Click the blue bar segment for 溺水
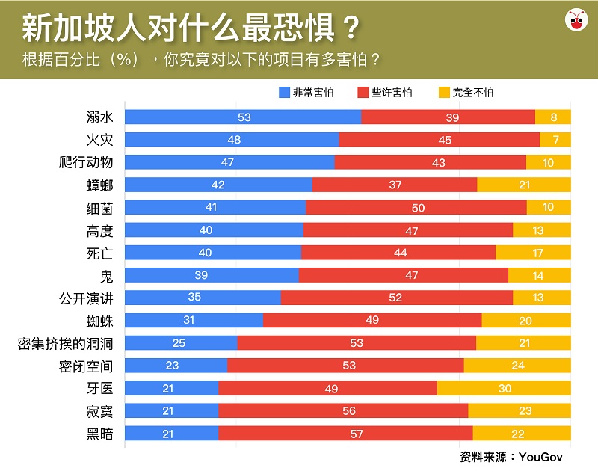point(242,117)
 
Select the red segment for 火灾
point(439,139)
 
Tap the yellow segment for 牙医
point(504,388)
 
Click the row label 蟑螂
point(99,185)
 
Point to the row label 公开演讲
point(86,298)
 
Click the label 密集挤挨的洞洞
point(66,343)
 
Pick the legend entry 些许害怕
point(384,93)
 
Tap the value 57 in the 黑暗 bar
point(345,434)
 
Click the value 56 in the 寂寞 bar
point(344,411)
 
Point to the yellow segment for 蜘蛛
point(526,320)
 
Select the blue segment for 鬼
point(211,275)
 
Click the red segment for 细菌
point(416,207)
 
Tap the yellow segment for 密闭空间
point(517,366)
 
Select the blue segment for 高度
point(213,230)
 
